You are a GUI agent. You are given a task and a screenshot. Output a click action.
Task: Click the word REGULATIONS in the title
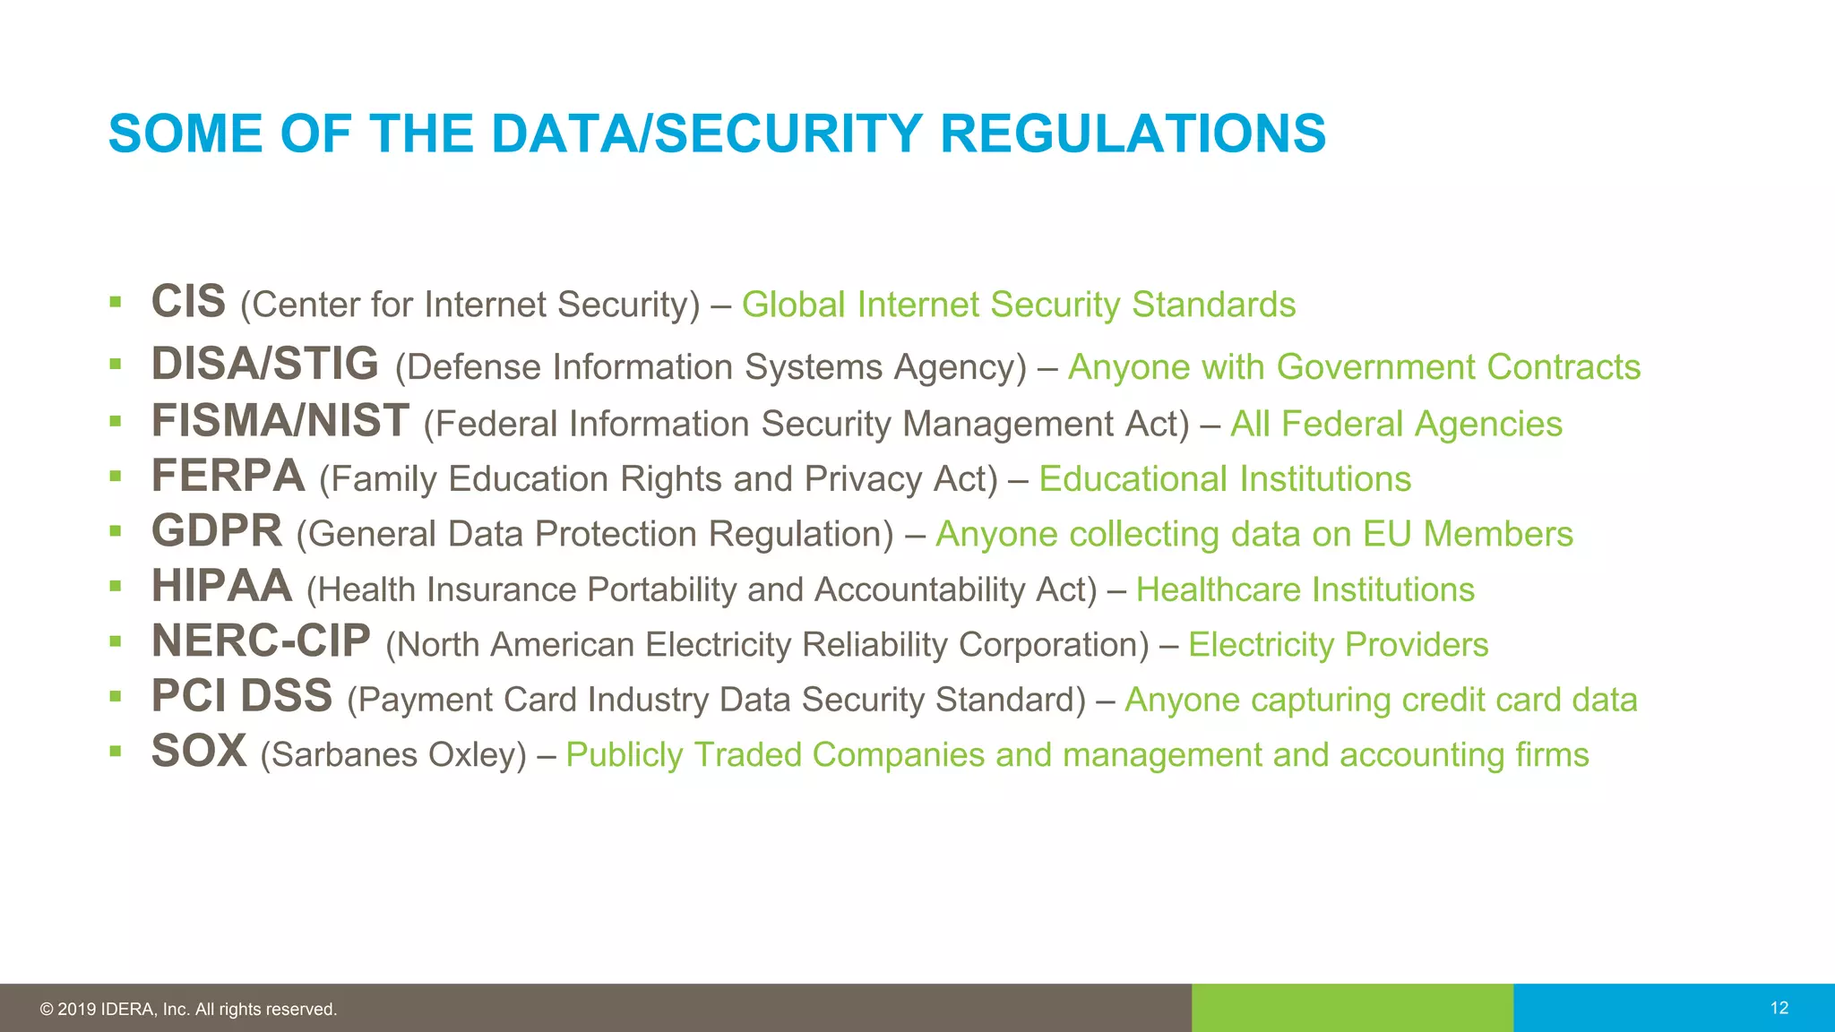pyautogui.click(x=1133, y=133)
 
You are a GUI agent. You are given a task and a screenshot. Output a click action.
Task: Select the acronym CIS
pyautogui.click(x=188, y=302)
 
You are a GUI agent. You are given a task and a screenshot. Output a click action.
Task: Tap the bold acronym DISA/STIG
pyautogui.click(x=265, y=364)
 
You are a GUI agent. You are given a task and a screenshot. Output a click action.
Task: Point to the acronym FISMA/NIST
pyautogui.click(x=280, y=420)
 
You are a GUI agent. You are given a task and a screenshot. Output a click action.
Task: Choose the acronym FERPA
pyautogui.click(x=228, y=476)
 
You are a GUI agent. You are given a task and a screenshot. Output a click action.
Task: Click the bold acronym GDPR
pyautogui.click(x=217, y=531)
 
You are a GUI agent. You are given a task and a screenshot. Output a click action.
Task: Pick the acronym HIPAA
pyautogui.click(x=222, y=587)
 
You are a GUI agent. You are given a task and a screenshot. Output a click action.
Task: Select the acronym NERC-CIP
pyautogui.click(x=261, y=641)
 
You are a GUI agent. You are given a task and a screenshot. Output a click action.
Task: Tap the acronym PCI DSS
pyautogui.click(x=242, y=696)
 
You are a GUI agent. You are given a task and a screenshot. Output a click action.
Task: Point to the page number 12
pyautogui.click(x=1779, y=1008)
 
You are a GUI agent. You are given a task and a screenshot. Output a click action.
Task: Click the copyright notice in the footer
pyautogui.click(x=188, y=1010)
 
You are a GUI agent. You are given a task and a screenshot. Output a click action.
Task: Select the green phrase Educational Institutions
pyautogui.click(x=1225, y=479)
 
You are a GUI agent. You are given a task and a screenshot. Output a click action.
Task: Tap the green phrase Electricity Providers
pyautogui.click(x=1338, y=645)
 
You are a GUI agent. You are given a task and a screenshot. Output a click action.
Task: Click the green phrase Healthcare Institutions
pyautogui.click(x=1305, y=589)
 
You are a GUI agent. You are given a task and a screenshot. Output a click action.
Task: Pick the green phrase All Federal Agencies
pyautogui.click(x=1396, y=424)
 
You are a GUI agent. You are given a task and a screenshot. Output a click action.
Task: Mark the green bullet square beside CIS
pyautogui.click(x=115, y=302)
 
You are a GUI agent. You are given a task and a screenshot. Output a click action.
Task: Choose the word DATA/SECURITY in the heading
pyautogui.click(x=707, y=133)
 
